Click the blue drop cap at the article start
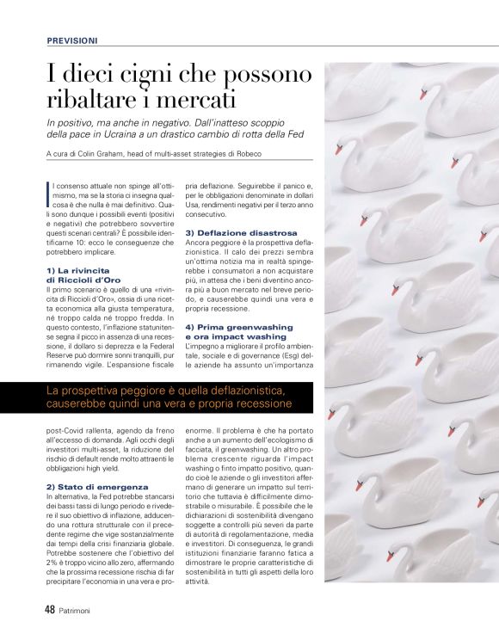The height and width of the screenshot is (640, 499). click(48, 188)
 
